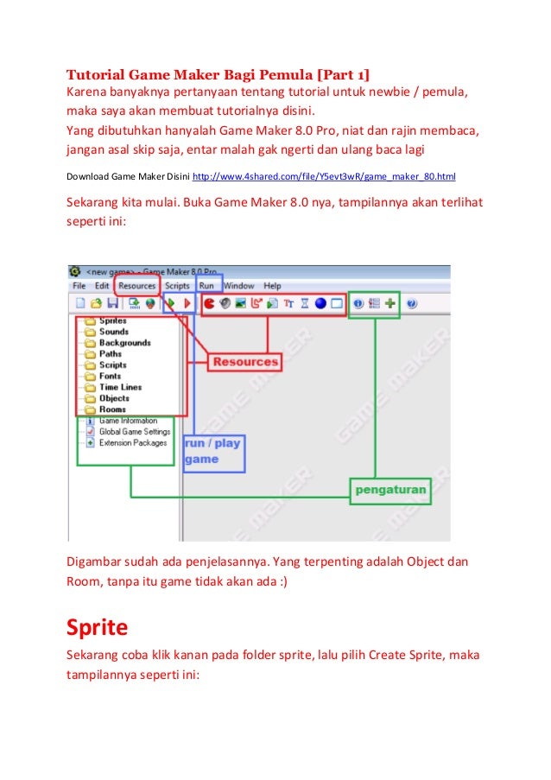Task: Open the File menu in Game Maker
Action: coord(79,286)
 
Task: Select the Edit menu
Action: coord(102,286)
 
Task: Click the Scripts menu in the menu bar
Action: coord(177,286)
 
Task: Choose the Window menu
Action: coord(239,286)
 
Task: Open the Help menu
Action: coord(273,286)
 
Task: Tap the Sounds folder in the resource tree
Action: coord(113,332)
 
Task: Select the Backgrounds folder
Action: coord(124,343)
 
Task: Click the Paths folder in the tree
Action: coord(111,354)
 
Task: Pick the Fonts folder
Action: coord(111,377)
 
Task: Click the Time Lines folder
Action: coord(120,388)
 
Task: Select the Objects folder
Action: coord(114,399)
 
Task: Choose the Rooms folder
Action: coord(112,409)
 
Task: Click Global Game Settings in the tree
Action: coord(134,431)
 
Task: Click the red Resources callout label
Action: coord(246,362)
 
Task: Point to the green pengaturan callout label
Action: coord(390,490)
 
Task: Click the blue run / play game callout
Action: coord(212,451)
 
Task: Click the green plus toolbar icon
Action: coord(390,303)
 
